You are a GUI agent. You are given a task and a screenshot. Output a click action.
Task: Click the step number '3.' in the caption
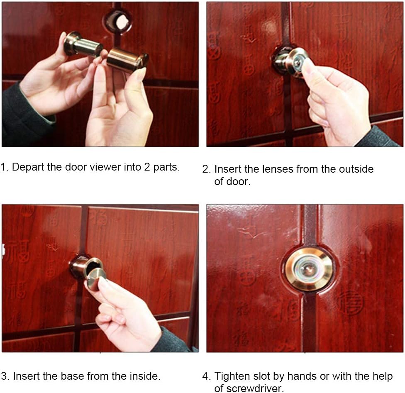coord(5,376)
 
